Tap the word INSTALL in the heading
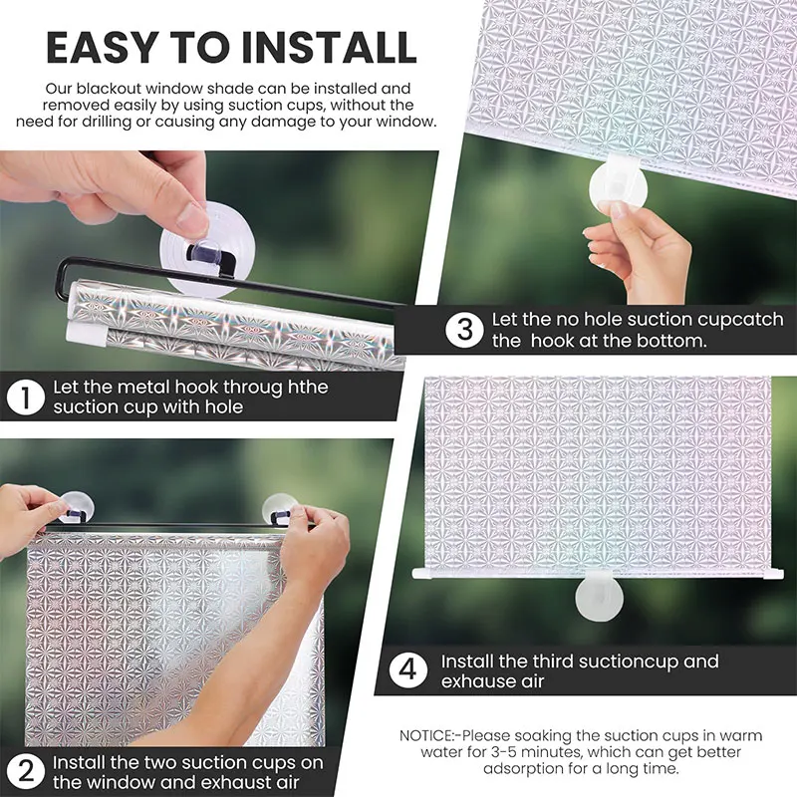(329, 47)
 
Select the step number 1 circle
(26, 397)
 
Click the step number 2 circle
(26, 772)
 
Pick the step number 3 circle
(464, 330)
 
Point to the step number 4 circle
(408, 669)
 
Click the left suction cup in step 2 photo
(77, 507)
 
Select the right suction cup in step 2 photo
(280, 509)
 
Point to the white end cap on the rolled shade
(86, 334)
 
